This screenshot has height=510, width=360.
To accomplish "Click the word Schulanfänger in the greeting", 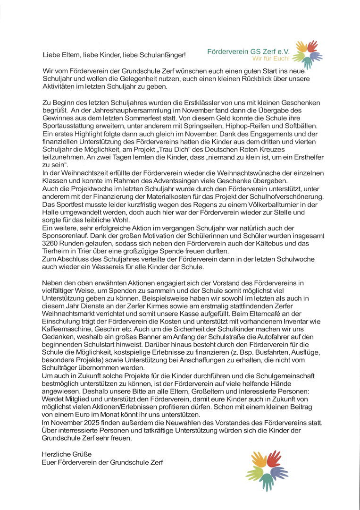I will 166,55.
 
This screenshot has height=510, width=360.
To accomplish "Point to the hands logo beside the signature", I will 267,470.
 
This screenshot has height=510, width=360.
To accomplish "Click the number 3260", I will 51,243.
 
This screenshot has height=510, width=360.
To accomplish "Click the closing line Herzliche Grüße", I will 67,454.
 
